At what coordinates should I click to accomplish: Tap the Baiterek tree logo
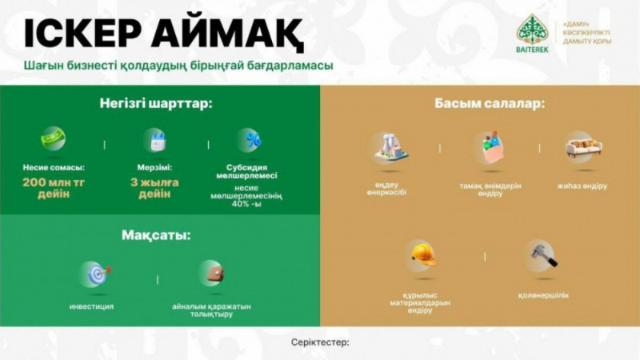click(x=531, y=30)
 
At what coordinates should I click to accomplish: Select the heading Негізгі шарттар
click(x=157, y=104)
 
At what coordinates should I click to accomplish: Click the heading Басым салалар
click(x=479, y=104)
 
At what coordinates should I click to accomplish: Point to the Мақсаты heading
click(x=156, y=236)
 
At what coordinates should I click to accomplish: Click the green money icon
click(x=54, y=139)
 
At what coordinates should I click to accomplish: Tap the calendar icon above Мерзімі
click(x=154, y=140)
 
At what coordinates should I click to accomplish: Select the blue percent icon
click(x=254, y=140)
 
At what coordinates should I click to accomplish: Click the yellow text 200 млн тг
click(x=54, y=182)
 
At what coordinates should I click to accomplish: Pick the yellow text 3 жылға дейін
click(x=154, y=188)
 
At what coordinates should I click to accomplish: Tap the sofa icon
click(x=582, y=149)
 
